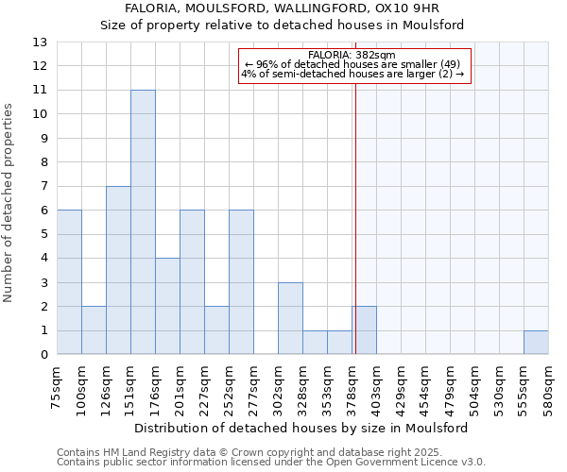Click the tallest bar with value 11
point(143,222)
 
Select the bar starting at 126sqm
point(118,270)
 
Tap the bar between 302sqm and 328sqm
point(290,318)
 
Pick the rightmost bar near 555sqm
point(536,343)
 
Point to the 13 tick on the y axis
point(41,42)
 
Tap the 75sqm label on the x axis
point(58,381)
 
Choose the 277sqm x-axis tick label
point(254,381)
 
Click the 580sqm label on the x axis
point(549,381)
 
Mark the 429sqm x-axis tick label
point(402,381)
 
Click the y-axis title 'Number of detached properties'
point(9,203)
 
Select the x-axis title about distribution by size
point(301,428)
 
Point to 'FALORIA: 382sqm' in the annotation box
point(352,56)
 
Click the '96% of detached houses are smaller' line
point(352,64)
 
